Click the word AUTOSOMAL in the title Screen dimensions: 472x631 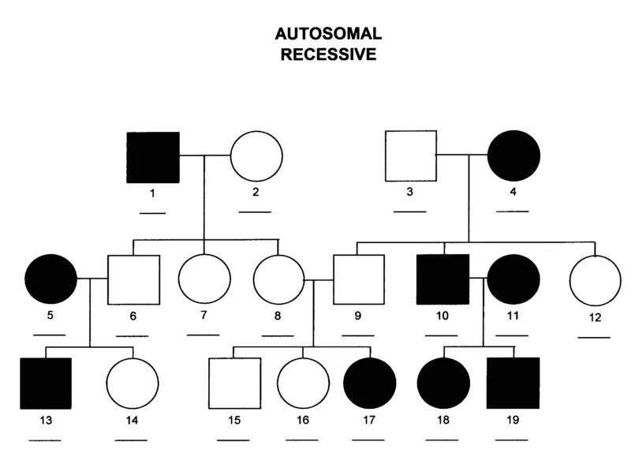click(x=328, y=34)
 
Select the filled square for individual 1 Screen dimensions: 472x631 click(x=154, y=157)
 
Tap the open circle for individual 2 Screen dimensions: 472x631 click(x=256, y=157)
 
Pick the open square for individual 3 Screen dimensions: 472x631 click(x=410, y=156)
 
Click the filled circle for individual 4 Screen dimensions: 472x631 click(x=513, y=156)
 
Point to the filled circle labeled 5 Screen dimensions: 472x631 click(x=51, y=279)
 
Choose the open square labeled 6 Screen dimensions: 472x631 click(x=133, y=280)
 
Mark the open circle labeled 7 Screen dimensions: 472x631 click(x=204, y=280)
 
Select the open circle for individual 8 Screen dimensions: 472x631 click(x=278, y=280)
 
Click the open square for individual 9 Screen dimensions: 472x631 click(x=358, y=280)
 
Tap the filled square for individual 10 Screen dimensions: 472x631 click(x=442, y=280)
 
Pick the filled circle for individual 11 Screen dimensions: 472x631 click(x=513, y=280)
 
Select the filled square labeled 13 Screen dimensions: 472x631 click(x=45, y=384)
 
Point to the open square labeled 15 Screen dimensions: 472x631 click(x=234, y=384)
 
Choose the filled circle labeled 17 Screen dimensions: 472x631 click(x=369, y=384)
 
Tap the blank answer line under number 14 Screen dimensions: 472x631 click(x=131, y=439)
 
